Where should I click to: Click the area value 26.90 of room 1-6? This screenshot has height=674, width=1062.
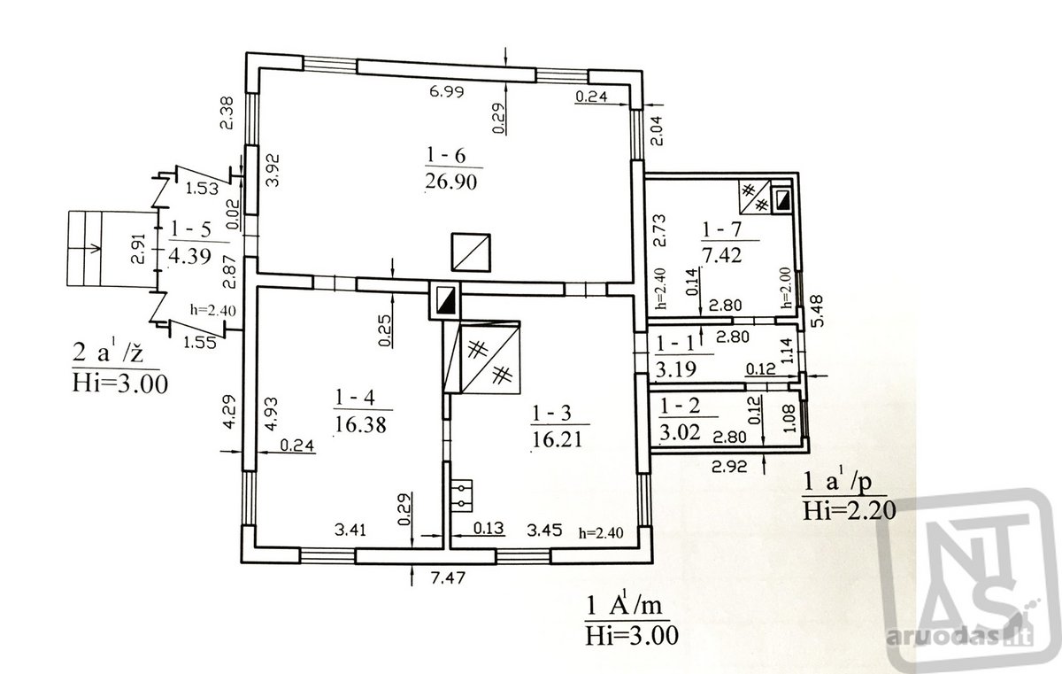[450, 182]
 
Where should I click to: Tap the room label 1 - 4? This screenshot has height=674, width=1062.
[355, 398]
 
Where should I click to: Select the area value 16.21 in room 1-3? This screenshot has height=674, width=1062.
[557, 439]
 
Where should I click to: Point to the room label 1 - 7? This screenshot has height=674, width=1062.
[721, 230]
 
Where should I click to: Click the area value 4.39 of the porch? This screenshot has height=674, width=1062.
[190, 257]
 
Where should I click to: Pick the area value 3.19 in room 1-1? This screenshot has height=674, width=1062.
[675, 369]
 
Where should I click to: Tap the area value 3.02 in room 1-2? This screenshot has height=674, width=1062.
[680, 432]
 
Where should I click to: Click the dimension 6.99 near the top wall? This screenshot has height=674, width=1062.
[447, 91]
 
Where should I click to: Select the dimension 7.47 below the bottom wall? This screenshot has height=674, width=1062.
[448, 578]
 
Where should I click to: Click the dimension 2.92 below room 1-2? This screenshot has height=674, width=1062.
[729, 466]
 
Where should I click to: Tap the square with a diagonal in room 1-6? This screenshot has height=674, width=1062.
[470, 252]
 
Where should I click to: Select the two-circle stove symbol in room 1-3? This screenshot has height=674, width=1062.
[461, 496]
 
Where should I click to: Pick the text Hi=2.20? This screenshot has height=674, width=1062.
[849, 511]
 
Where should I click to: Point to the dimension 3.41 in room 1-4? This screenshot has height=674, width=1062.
[350, 530]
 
